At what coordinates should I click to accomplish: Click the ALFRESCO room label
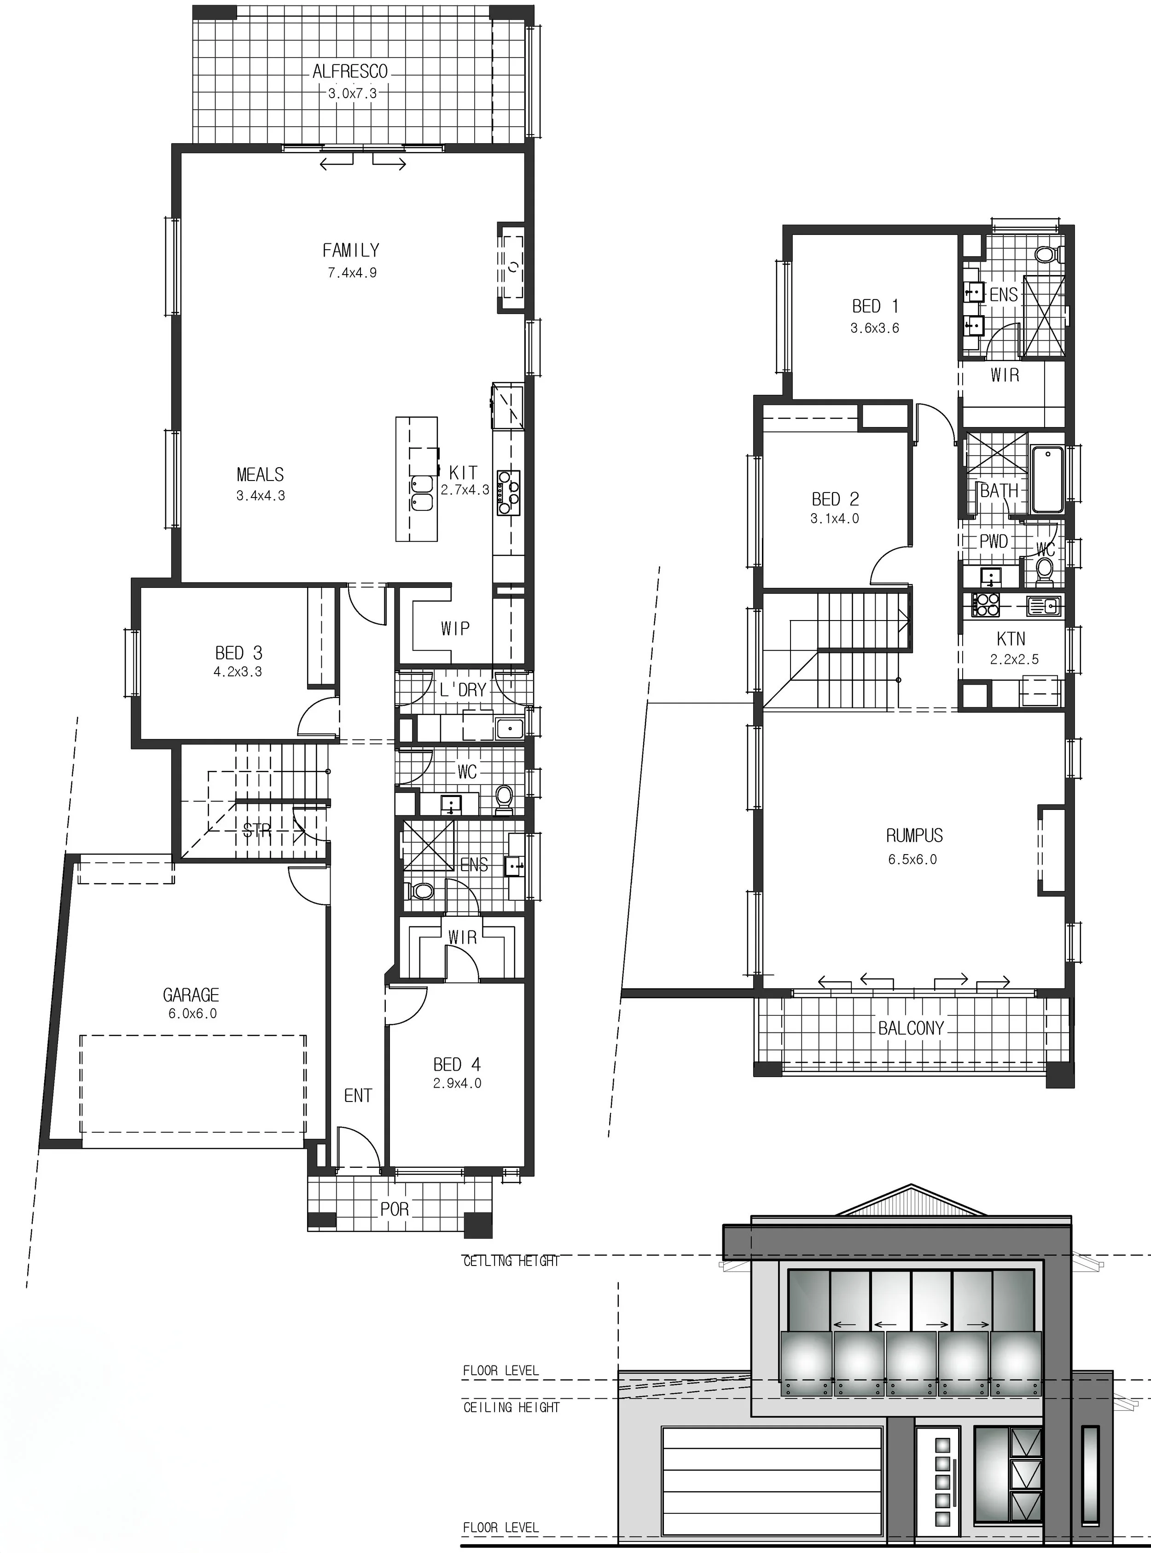coord(350,71)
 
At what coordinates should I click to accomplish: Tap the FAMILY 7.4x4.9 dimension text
coord(352,273)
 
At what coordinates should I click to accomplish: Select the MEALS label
coord(260,475)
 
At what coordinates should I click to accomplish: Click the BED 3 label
coord(238,653)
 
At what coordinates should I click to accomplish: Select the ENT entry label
coord(358,1096)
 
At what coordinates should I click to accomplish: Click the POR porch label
coord(395,1209)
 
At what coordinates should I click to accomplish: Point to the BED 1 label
coord(875,306)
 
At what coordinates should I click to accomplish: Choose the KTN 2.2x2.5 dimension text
coord(1014,659)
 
